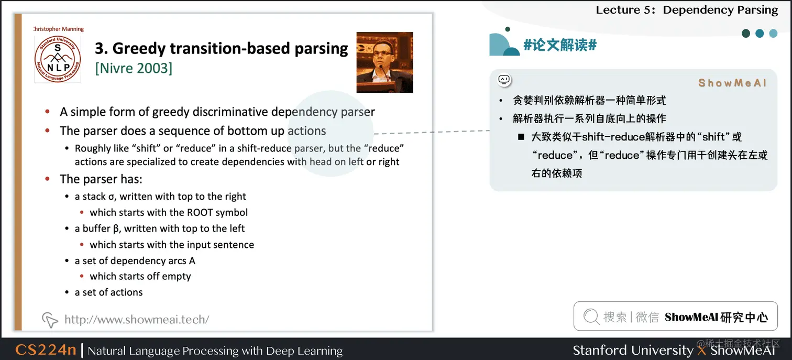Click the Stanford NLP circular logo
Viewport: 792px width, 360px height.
[58, 58]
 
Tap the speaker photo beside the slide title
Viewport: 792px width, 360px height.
[384, 62]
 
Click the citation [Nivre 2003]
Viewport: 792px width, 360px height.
[134, 68]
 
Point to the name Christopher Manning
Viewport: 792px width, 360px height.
[59, 29]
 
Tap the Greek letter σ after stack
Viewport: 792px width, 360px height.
[111, 197]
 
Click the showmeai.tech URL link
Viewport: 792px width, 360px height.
[137, 320]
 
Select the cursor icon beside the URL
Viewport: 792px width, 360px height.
[50, 320]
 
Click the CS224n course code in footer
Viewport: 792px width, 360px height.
[46, 350]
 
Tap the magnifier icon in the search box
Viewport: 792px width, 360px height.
[591, 317]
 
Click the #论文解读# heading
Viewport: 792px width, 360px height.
[560, 45]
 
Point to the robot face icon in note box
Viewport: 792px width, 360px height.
[504, 80]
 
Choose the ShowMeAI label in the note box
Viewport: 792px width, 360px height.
[732, 83]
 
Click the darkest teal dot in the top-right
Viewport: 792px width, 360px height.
[746, 34]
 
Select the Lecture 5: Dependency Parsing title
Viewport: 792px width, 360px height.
[687, 10]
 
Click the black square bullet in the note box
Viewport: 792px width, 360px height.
[521, 137]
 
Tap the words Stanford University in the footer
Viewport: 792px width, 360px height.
[633, 350]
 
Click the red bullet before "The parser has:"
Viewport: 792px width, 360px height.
[48, 179]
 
